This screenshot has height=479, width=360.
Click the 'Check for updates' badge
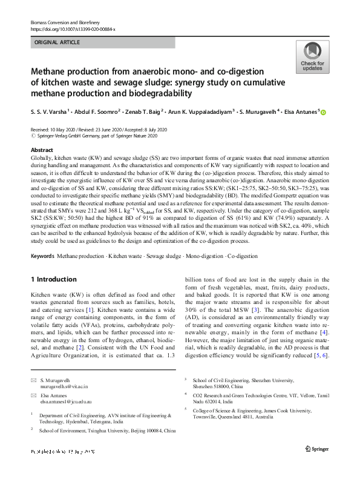click(312, 58)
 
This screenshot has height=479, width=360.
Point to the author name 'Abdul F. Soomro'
click(103, 112)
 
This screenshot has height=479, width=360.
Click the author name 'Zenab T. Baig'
click(159, 112)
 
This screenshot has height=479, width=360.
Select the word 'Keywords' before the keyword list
click(42, 257)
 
